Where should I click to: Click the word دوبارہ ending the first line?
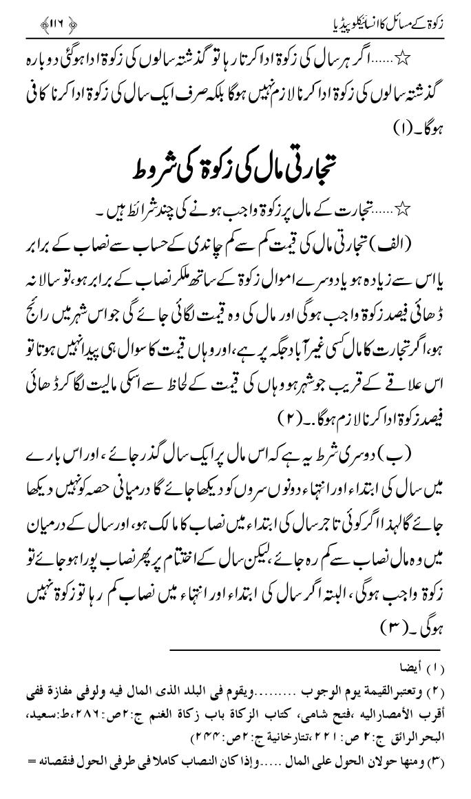pos(41,59)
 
